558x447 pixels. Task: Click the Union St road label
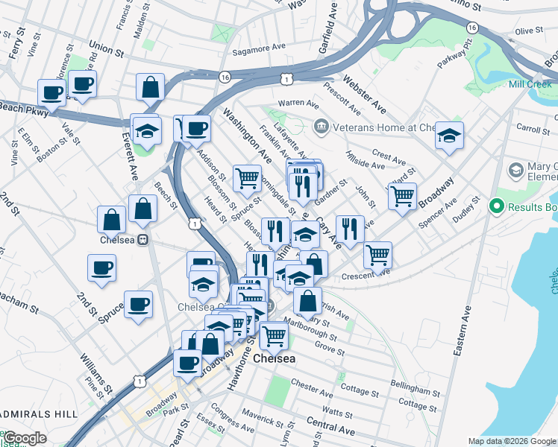(x=104, y=50)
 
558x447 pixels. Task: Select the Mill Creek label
(x=530, y=84)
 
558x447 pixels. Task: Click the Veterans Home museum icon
(x=322, y=127)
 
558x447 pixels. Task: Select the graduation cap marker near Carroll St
(x=450, y=136)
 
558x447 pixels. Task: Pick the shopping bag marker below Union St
(x=151, y=86)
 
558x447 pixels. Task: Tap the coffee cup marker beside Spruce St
(x=139, y=305)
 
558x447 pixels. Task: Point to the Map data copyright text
(x=511, y=441)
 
